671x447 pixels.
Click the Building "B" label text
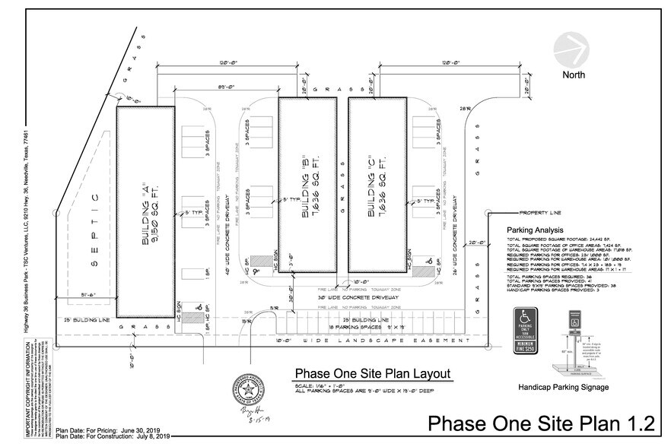tap(307, 185)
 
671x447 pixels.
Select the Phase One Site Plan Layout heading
tap(373, 373)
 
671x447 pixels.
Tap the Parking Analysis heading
tap(539, 230)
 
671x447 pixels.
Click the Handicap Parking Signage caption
tap(562, 388)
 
